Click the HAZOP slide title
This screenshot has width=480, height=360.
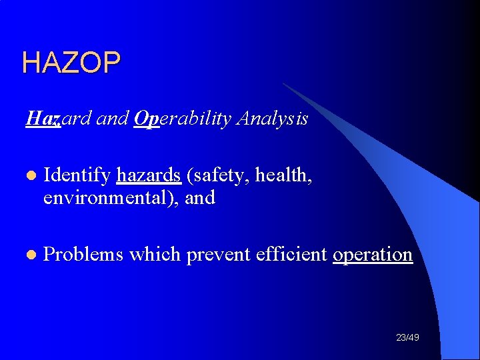[x=71, y=63]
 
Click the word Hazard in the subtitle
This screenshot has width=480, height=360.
[x=59, y=119]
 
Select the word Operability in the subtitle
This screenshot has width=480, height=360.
[x=179, y=119]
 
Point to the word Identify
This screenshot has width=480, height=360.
[x=77, y=175]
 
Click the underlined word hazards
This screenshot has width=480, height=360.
[x=149, y=175]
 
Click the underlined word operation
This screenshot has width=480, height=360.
[x=373, y=255]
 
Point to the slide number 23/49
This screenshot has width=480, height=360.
[x=407, y=338]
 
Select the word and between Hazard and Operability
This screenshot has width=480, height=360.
[x=113, y=119]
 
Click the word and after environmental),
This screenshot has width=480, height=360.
[x=201, y=198]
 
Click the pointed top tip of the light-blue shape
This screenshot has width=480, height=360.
[x=284, y=83]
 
